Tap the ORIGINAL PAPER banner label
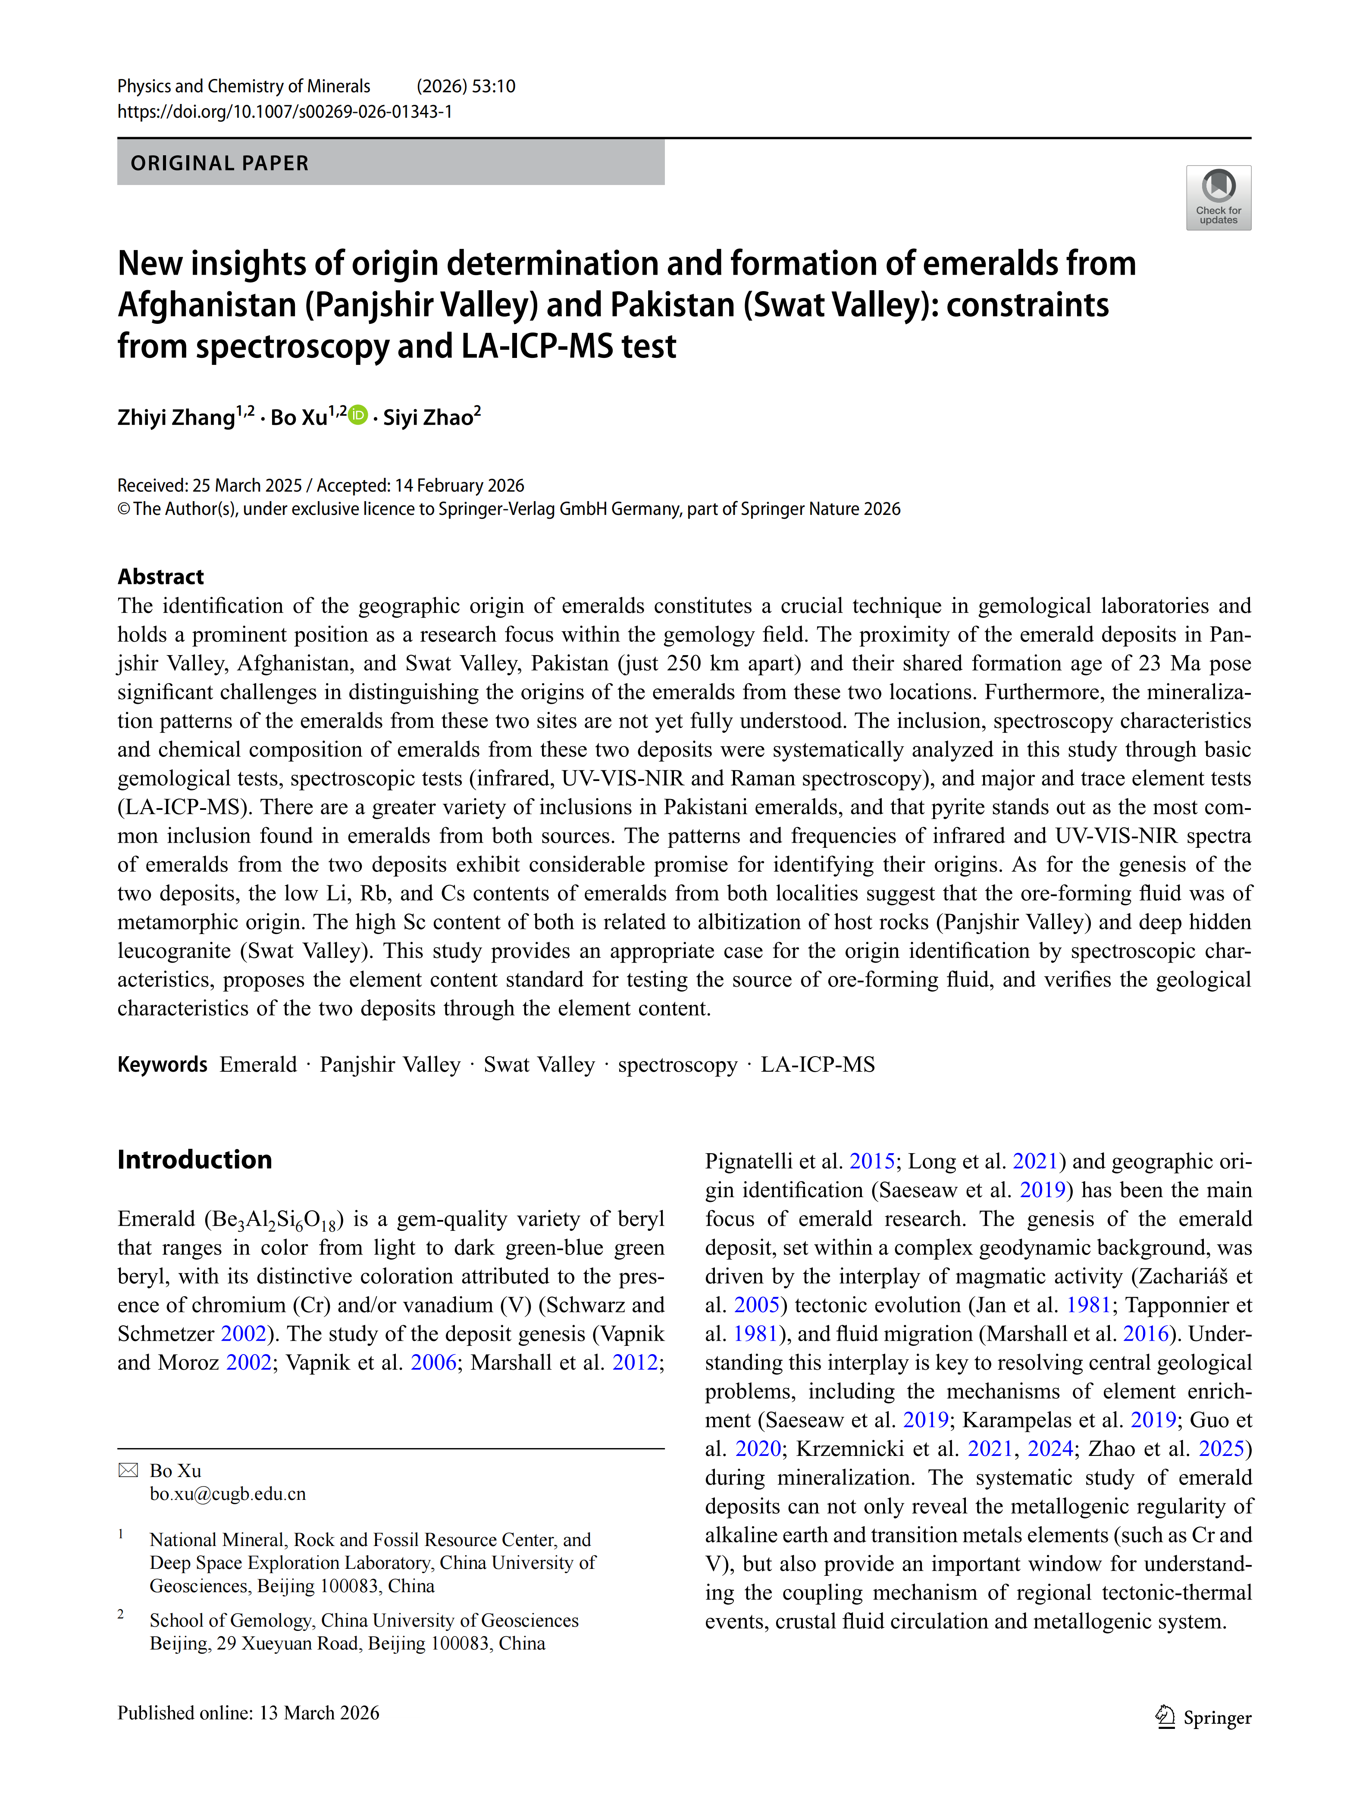(x=219, y=163)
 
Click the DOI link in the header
(x=285, y=111)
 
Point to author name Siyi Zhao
(x=428, y=418)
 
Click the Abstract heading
(x=160, y=577)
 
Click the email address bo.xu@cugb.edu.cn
(x=228, y=1493)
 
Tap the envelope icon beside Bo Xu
(x=128, y=1470)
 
